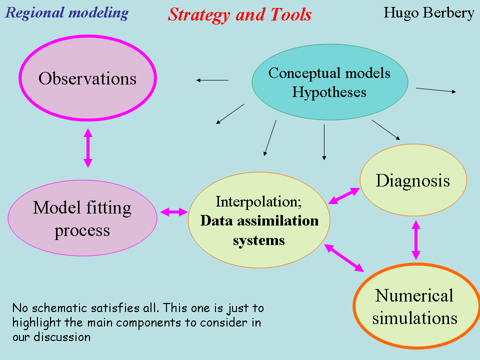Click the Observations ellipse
[x=87, y=78]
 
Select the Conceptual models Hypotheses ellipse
[x=329, y=82]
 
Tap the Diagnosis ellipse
[x=413, y=180]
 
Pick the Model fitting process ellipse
[x=82, y=218]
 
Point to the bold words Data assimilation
[x=259, y=220]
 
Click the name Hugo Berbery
[x=428, y=12]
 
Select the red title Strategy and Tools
[x=239, y=14]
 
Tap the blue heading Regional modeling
[x=66, y=12]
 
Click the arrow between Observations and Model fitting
[x=88, y=148]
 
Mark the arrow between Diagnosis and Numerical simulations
[x=415, y=240]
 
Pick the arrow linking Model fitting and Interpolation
[x=172, y=212]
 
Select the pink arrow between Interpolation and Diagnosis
[x=344, y=196]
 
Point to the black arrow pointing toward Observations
[x=212, y=80]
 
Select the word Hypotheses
[x=329, y=92]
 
